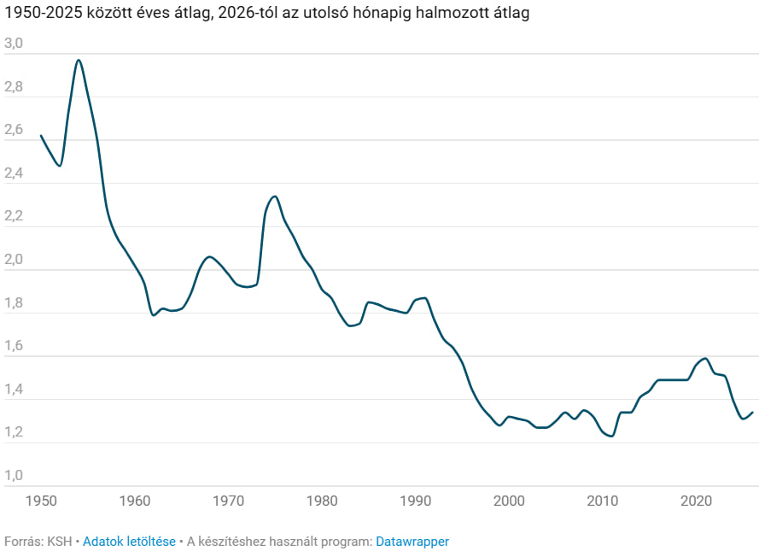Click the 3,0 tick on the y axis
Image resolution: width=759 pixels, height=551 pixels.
click(x=14, y=44)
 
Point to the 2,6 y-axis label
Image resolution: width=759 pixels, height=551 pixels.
click(x=14, y=130)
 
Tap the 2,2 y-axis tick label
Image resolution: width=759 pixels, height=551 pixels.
click(x=14, y=216)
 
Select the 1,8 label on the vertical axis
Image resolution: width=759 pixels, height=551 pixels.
click(x=14, y=303)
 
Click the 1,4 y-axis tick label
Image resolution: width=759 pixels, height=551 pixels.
click(x=14, y=390)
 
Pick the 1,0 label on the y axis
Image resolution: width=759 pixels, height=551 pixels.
click(x=14, y=476)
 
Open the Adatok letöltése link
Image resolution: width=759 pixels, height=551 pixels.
click(x=129, y=542)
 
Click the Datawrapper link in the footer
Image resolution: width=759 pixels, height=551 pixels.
click(x=412, y=542)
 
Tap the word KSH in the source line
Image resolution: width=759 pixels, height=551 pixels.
click(x=60, y=542)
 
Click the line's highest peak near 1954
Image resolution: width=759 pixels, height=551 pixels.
click(x=79, y=60)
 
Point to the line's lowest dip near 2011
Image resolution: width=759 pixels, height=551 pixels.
click(x=611, y=437)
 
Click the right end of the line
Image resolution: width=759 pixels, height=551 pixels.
click(x=753, y=413)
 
